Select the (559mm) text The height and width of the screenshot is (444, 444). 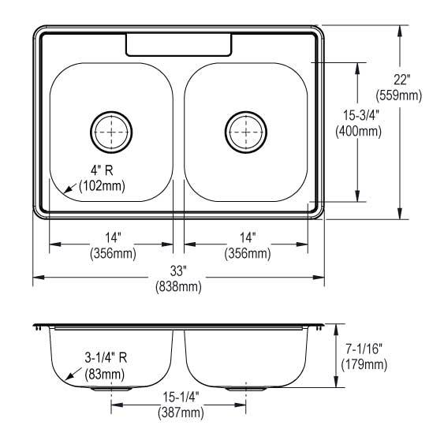pyautogui.click(x=399, y=95)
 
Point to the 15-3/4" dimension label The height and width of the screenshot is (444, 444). pyautogui.click(x=361, y=115)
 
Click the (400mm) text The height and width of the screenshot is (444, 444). pyautogui.click(x=359, y=131)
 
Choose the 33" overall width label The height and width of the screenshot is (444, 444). pyautogui.click(x=178, y=271)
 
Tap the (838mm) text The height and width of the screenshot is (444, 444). pyautogui.click(x=179, y=286)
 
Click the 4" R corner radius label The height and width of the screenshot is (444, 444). pyautogui.click(x=102, y=170)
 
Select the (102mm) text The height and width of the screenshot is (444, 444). pyautogui.click(x=103, y=186)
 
